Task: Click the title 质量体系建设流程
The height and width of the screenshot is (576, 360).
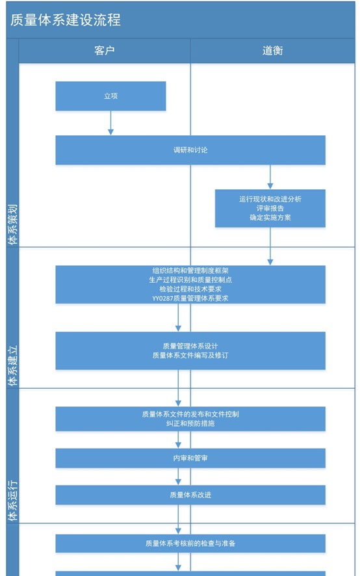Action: pyautogui.click(x=66, y=20)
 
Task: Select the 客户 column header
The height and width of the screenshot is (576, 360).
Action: pyautogui.click(x=105, y=51)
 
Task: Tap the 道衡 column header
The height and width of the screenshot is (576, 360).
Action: pyautogui.click(x=272, y=51)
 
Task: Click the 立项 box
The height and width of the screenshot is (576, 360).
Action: pyautogui.click(x=110, y=96)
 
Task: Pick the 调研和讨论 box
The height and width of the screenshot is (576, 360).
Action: pyautogui.click(x=190, y=150)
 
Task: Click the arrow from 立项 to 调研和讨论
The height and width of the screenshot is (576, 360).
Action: pyautogui.click(x=110, y=123)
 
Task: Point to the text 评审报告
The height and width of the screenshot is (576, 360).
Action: pyautogui.click(x=270, y=208)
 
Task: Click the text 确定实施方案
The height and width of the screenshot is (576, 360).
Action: pyautogui.click(x=270, y=218)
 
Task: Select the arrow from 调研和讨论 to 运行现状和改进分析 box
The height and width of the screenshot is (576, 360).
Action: pyautogui.click(x=270, y=177)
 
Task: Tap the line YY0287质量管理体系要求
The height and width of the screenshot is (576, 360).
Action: pyautogui.click(x=190, y=298)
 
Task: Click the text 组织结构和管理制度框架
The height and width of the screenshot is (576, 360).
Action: pyautogui.click(x=190, y=270)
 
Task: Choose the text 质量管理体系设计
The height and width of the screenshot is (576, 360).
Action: pyautogui.click(x=190, y=346)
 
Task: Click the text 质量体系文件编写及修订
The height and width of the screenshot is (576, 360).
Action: pyautogui.click(x=190, y=356)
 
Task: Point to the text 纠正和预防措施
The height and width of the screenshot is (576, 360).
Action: pyautogui.click(x=190, y=424)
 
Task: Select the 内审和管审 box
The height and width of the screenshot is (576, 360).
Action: pyautogui.click(x=190, y=458)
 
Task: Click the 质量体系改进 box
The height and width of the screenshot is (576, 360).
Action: pyautogui.click(x=190, y=495)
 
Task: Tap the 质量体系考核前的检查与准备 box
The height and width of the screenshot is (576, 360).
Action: pyautogui.click(x=190, y=543)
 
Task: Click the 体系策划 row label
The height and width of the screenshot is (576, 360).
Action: pyautogui.click(x=13, y=224)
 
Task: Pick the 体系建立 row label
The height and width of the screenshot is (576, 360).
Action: pyautogui.click(x=13, y=365)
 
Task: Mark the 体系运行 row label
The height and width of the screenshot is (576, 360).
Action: pyautogui.click(x=13, y=501)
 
